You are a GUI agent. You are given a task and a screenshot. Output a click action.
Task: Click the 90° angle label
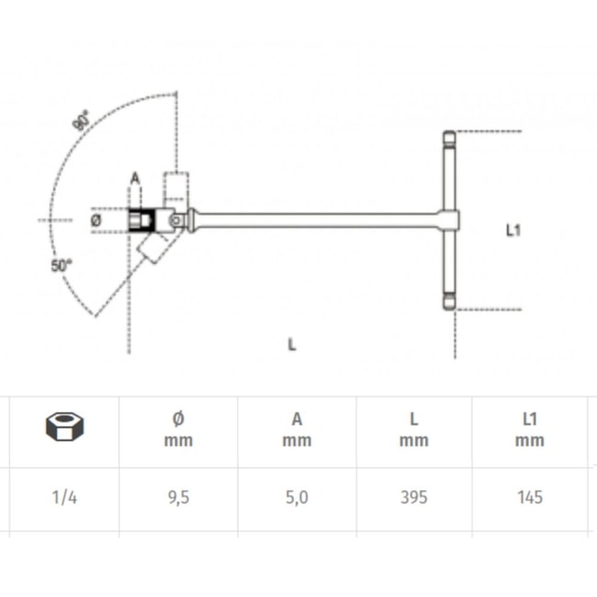pos(82,120)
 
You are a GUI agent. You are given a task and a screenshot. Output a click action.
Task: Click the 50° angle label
pos(61,265)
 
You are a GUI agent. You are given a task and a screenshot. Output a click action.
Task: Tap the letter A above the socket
pos(135,178)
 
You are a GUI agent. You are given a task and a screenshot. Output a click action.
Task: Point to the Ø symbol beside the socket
pos(96,220)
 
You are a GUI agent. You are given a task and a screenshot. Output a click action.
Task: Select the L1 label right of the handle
pos(513,231)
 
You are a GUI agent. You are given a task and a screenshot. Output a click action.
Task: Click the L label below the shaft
pos(292,344)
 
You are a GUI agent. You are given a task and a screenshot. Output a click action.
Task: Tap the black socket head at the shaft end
pos(141,220)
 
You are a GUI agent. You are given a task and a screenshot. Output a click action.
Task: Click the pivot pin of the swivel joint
pos(176,220)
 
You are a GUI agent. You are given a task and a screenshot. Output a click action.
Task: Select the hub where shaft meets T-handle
pos(449,220)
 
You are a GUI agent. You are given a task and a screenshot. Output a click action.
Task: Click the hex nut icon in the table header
pos(64,426)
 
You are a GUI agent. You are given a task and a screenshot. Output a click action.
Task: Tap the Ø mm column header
pos(178,430)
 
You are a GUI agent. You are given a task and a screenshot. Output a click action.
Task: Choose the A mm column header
pos(297,430)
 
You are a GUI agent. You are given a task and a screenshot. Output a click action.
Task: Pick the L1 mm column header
pos(530,430)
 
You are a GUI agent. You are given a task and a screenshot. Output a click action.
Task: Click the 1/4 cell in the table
pos(64,497)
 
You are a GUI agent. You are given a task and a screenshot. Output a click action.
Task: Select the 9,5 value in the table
pos(178,498)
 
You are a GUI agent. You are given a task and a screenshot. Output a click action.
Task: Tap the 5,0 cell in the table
pos(297,498)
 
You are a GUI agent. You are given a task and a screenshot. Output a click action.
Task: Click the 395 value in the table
pos(414,497)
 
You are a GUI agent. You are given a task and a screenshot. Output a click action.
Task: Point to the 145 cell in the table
pos(530,497)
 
